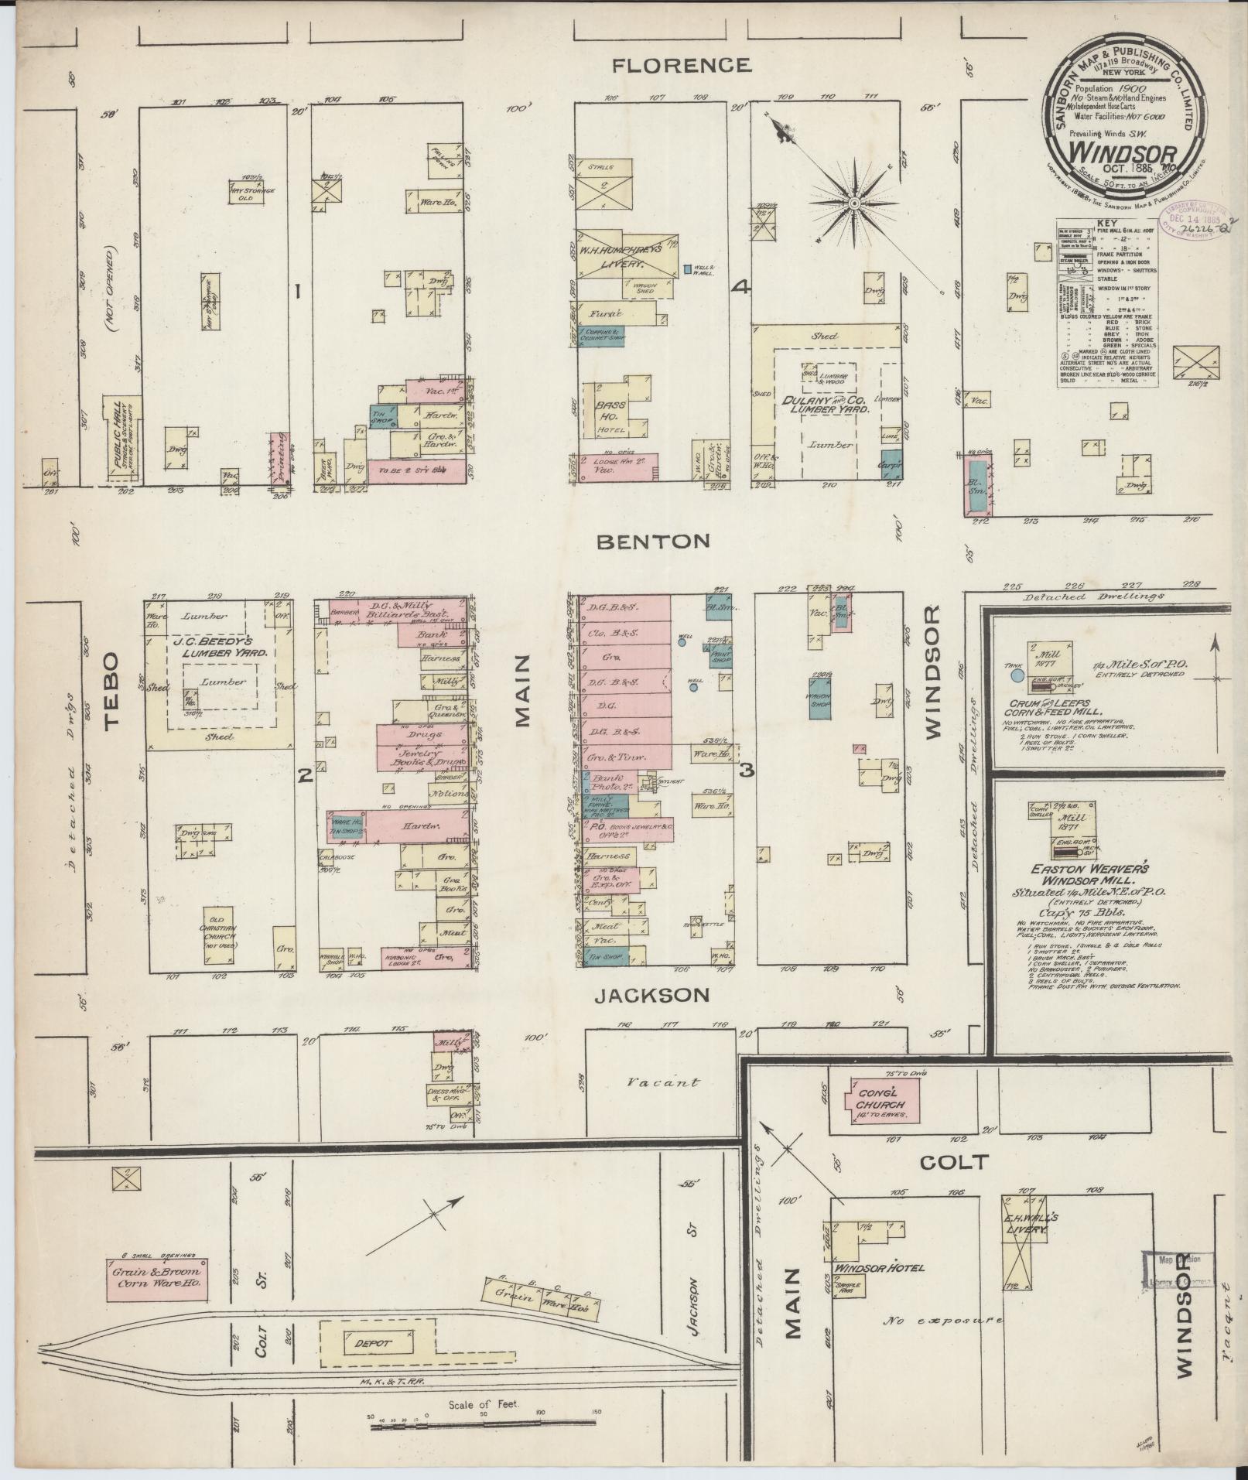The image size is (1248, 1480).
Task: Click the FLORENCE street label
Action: point(680,65)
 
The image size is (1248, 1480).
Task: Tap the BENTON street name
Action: point(652,541)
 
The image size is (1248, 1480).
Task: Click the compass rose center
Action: point(854,203)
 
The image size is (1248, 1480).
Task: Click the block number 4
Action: point(741,288)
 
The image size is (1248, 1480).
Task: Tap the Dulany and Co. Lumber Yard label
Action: point(839,405)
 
